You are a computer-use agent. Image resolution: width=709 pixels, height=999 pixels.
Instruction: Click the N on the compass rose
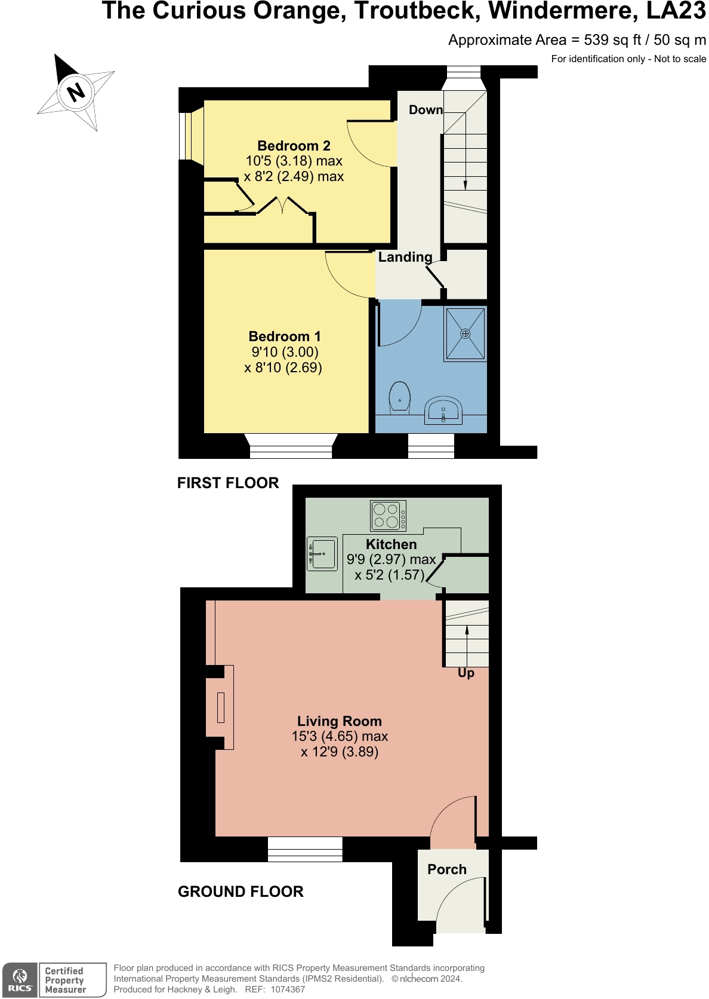76,93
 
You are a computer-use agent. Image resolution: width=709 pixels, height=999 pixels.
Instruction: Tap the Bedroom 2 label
294,146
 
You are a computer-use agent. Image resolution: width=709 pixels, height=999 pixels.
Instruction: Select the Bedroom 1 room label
285,336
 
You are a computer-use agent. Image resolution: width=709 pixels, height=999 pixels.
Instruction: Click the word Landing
405,257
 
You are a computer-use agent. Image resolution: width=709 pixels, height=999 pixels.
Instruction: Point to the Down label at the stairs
426,110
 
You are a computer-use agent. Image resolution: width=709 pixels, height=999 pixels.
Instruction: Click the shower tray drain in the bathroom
466,333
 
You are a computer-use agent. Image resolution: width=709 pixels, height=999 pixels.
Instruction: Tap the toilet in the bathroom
399,398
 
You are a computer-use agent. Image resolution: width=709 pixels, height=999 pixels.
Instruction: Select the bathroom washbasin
443,410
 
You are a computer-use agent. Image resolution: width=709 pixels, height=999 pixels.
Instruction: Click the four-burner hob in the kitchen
388,516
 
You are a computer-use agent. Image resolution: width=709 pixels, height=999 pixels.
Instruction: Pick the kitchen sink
322,553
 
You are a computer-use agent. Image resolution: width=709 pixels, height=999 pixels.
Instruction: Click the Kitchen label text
391,544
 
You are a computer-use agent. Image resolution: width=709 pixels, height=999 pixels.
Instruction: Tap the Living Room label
339,721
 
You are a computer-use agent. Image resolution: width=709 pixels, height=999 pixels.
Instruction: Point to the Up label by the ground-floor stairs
466,673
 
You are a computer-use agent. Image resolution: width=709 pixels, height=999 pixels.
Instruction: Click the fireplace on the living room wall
220,707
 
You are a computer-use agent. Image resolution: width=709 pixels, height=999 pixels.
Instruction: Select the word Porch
447,869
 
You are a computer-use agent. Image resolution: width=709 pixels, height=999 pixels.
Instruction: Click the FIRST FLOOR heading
228,483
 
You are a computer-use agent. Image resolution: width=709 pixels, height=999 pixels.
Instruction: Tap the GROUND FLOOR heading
241,891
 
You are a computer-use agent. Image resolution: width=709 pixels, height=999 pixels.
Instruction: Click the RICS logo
20,980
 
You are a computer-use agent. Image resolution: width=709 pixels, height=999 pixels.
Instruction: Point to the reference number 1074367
288,989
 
